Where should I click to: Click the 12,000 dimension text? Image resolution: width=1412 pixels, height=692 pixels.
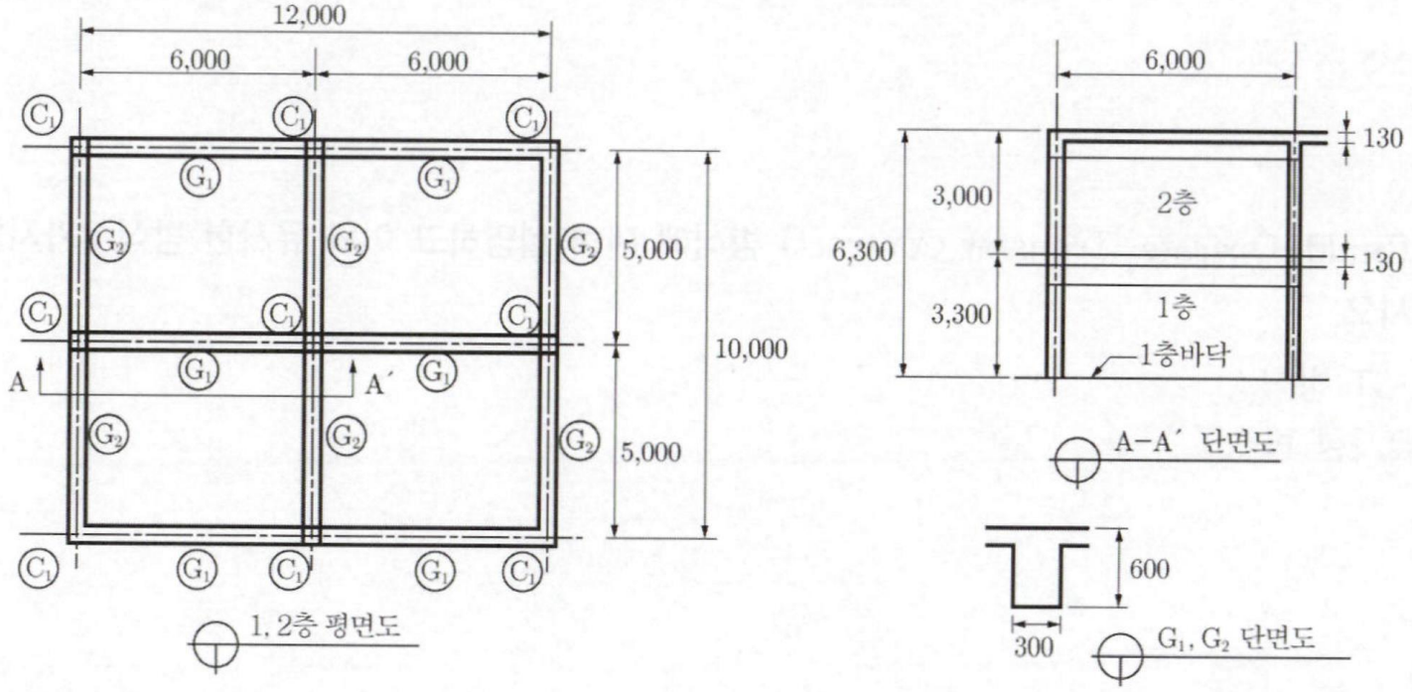click(310, 15)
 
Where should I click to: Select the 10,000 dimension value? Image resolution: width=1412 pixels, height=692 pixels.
click(752, 349)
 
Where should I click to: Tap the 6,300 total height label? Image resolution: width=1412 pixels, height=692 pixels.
click(862, 253)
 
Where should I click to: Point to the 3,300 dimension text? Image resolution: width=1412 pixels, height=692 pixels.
click(961, 315)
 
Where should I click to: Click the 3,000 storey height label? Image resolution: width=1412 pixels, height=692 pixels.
click(962, 197)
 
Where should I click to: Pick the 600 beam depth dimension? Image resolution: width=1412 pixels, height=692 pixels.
click(1149, 570)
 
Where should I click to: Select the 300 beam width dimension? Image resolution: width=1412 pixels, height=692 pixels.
click(1034, 647)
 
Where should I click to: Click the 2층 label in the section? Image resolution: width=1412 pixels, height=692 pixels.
click(1177, 204)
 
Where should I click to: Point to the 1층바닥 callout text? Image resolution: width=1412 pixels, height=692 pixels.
click(1184, 357)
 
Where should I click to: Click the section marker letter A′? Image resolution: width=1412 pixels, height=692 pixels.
click(375, 384)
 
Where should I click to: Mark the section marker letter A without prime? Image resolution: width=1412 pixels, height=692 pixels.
click(18, 382)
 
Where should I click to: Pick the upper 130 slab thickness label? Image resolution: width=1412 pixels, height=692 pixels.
click(1383, 139)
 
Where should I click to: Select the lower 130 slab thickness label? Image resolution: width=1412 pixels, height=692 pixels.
click(1383, 263)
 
